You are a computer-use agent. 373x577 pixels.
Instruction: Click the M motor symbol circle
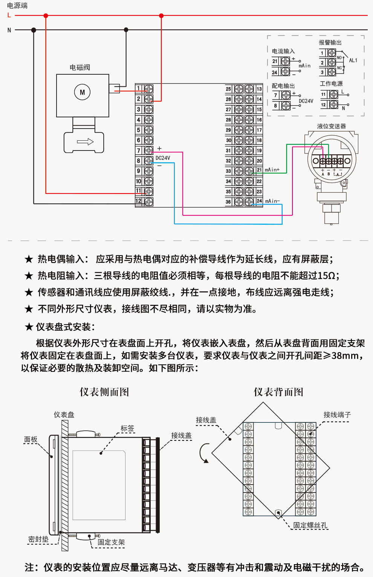(x=82, y=92)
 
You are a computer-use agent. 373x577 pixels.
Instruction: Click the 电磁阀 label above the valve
(x=80, y=68)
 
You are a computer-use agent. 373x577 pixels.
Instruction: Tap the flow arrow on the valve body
(x=85, y=142)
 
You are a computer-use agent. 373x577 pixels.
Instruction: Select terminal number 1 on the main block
(x=139, y=89)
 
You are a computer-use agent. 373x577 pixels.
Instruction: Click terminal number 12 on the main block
(x=139, y=201)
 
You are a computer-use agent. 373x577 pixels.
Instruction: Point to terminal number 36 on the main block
(x=228, y=202)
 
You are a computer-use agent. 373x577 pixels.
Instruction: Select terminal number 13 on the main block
(x=259, y=89)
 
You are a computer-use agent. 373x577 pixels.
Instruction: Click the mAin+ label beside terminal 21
(x=272, y=170)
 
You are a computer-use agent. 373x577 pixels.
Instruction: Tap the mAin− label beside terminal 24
(x=272, y=201)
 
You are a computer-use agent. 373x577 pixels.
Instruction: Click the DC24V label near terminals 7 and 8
(x=163, y=158)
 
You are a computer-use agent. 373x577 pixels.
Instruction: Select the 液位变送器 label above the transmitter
(x=331, y=126)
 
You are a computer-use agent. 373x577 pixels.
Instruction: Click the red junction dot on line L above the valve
(x=46, y=16)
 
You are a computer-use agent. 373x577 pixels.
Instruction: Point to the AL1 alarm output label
(x=353, y=60)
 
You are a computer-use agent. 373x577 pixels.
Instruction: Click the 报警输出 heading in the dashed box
(x=330, y=43)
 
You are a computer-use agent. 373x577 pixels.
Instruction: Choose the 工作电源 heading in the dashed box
(x=331, y=84)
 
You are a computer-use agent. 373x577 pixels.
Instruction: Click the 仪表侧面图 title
(x=104, y=392)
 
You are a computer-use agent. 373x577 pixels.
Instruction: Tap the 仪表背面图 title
(x=278, y=392)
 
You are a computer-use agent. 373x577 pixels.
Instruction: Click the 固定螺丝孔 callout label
(x=310, y=525)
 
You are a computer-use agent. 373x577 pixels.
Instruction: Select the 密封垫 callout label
(x=38, y=539)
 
